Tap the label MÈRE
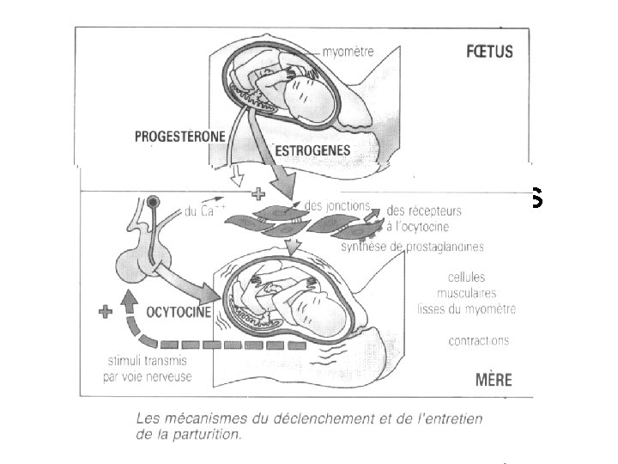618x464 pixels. click(493, 380)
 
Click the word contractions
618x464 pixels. click(478, 341)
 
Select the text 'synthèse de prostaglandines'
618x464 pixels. click(412, 247)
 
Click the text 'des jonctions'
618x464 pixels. click(336, 206)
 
